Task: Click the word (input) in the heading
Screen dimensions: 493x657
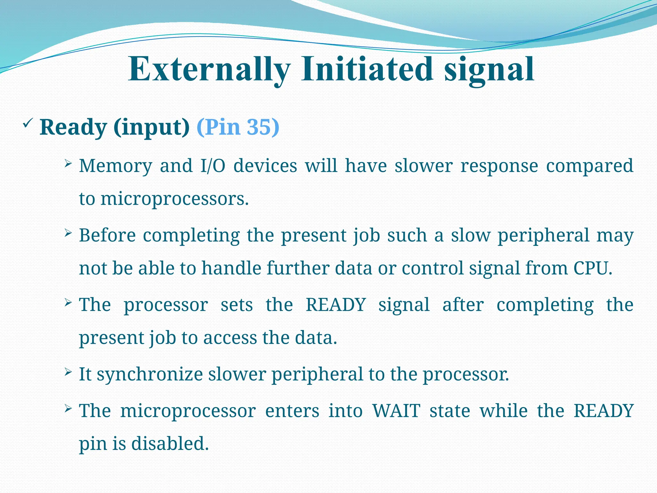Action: [x=151, y=128]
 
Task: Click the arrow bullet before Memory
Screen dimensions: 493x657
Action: [x=68, y=164]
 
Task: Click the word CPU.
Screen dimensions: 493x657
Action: [x=593, y=268]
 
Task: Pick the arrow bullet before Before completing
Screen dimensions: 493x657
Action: [x=68, y=233]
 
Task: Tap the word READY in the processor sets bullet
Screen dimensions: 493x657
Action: [x=336, y=305]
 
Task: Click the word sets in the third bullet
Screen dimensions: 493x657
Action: [x=237, y=305]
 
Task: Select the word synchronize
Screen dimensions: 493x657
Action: [x=149, y=375]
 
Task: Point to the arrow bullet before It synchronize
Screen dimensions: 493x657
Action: [x=68, y=372]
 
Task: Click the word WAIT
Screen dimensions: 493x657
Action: [x=396, y=411]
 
